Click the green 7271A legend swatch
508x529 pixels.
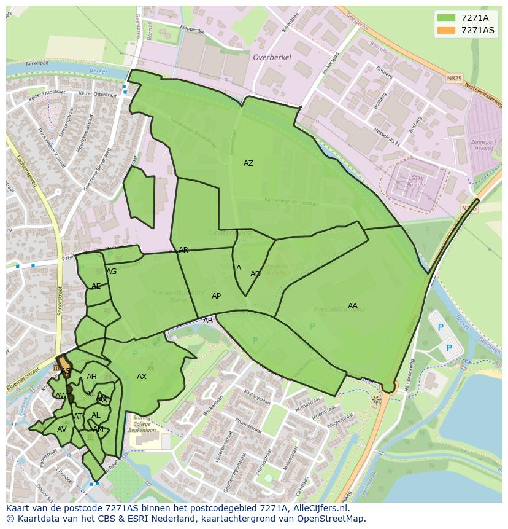pos(446,17)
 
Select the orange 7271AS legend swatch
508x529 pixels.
pos(446,30)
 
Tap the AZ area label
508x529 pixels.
pos(248,163)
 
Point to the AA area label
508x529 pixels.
pos(352,306)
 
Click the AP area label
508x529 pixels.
pos(216,296)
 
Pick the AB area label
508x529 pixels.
pos(208,321)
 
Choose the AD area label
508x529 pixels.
pos(255,274)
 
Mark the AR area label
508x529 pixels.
pos(183,250)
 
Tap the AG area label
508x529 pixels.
pos(111,272)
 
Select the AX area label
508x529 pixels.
pos(142,377)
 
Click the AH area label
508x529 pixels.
pos(91,377)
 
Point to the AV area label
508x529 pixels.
pos(61,429)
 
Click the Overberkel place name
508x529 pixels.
pos(272,57)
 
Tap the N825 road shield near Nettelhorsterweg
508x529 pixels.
pos(454,79)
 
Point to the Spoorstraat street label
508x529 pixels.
pos(60,300)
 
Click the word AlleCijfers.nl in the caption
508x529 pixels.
pos(318,508)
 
